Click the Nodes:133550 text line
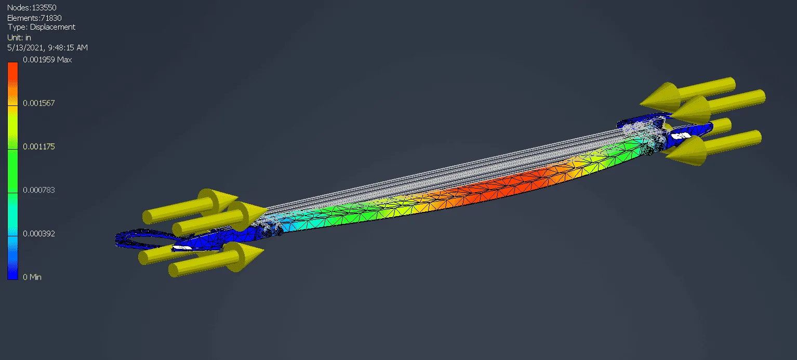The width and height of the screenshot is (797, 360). (x=32, y=7)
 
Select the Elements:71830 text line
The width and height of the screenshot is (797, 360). (x=34, y=18)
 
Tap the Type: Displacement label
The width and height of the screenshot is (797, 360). (x=41, y=27)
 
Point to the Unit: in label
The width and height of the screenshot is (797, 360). (x=19, y=37)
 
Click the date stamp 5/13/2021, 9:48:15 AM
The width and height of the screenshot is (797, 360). (x=47, y=47)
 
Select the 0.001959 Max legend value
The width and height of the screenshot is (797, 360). (x=47, y=59)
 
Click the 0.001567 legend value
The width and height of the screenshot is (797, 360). (x=39, y=103)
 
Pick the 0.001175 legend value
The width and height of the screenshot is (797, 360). (x=39, y=146)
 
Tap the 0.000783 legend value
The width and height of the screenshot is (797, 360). (x=39, y=190)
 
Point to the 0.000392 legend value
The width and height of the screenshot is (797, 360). (x=39, y=234)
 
